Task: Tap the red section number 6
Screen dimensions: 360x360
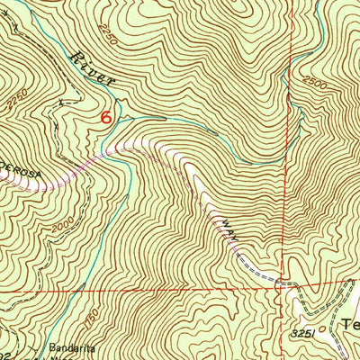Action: pyautogui.click(x=107, y=117)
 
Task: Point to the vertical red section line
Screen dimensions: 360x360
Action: pyautogui.click(x=292, y=180)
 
